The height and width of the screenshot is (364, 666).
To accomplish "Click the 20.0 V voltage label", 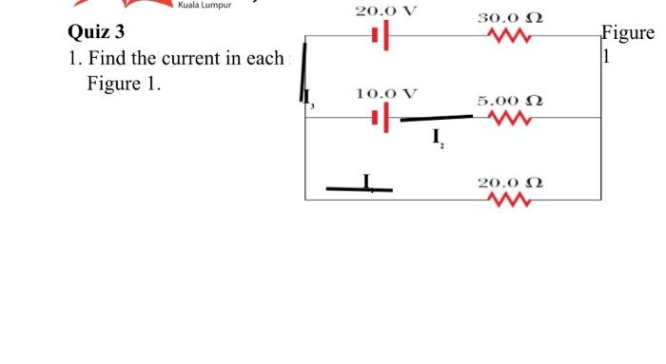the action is click(384, 12).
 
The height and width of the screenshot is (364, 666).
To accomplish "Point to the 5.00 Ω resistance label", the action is click(510, 101).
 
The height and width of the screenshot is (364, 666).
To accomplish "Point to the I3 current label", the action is click(307, 98).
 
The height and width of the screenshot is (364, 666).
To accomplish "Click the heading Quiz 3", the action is click(96, 33).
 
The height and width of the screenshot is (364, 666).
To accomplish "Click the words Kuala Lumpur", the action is click(203, 5).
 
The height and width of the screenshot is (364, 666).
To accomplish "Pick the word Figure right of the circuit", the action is click(628, 34).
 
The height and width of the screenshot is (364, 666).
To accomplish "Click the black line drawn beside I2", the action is click(436, 119).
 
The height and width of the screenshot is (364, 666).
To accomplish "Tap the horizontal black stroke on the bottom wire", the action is click(359, 189).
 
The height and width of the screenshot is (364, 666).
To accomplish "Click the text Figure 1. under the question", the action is click(124, 84).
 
